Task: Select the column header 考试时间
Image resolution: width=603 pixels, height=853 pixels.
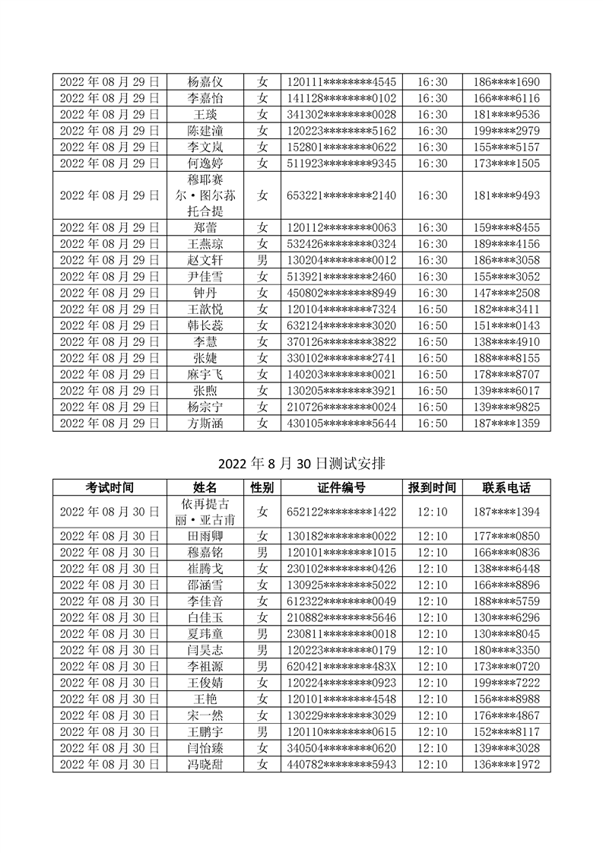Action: pos(109,487)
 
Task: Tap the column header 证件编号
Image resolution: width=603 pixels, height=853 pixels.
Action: pos(341,487)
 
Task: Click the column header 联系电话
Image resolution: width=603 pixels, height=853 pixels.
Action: pos(506,487)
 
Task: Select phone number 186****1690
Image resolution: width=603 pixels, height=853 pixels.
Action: pos(506,82)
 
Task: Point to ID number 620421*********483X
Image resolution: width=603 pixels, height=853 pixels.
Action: pos(341,666)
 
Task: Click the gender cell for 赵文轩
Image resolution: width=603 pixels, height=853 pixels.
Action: pos(262,261)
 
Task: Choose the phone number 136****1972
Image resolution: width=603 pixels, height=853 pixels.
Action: pos(506,764)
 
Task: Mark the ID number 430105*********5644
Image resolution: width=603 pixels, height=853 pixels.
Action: pos(341,423)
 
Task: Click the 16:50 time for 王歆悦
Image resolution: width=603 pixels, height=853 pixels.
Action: pos(433,309)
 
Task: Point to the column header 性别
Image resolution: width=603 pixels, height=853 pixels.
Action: pos(262,487)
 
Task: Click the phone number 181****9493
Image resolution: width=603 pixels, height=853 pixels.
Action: pos(506,195)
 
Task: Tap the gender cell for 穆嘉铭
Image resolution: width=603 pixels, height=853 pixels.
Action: pos(262,552)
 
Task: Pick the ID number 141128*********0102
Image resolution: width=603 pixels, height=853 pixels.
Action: pos(341,98)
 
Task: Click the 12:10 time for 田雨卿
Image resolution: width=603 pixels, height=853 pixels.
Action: pos(433,536)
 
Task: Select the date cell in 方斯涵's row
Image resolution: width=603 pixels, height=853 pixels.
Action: pos(109,423)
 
